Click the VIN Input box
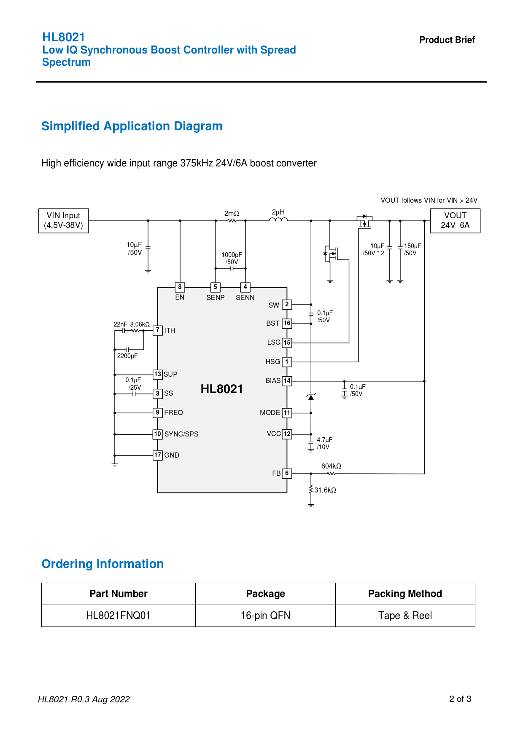(64, 220)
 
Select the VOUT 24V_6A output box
(455, 220)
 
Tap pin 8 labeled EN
(180, 287)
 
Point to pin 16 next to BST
(287, 324)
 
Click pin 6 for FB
(287, 473)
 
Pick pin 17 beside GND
(157, 455)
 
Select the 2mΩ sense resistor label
(232, 214)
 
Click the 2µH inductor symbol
(278, 220)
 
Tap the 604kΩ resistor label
(331, 466)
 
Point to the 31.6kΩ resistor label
(325, 490)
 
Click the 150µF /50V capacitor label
(412, 249)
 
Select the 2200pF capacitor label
(127, 356)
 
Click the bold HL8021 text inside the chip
(222, 389)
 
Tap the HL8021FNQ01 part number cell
(118, 616)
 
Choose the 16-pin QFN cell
(265, 616)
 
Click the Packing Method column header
(405, 594)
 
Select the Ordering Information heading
(102, 564)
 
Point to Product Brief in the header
(447, 40)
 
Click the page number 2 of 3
(460, 699)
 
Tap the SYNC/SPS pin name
(181, 434)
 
